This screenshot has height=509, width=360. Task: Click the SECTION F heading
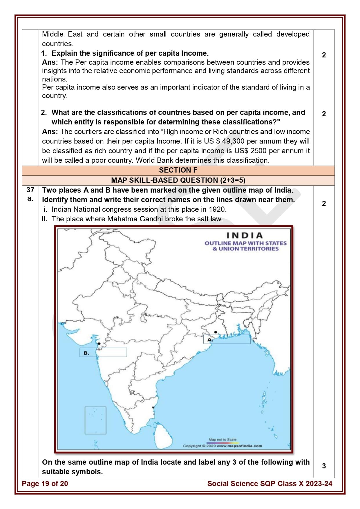[x=178, y=170]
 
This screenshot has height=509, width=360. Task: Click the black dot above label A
[x=216, y=332]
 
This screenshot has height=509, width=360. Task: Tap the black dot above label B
[x=99, y=344]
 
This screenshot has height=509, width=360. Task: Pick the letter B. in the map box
[x=86, y=353]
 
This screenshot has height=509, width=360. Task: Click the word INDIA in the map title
[x=244, y=235]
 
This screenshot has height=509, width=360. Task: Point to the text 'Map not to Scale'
[x=222, y=439]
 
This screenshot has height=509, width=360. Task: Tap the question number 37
[x=30, y=190]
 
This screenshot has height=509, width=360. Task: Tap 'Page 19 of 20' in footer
[x=45, y=483]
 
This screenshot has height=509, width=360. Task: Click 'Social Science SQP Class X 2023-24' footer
[x=269, y=483]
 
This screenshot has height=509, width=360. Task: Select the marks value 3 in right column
[x=324, y=466]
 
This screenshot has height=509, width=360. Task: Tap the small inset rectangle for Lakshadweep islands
[x=95, y=420]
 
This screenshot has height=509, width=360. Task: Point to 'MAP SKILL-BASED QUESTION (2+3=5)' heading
[x=178, y=180]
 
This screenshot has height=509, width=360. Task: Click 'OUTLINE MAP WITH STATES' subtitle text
[x=245, y=243]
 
